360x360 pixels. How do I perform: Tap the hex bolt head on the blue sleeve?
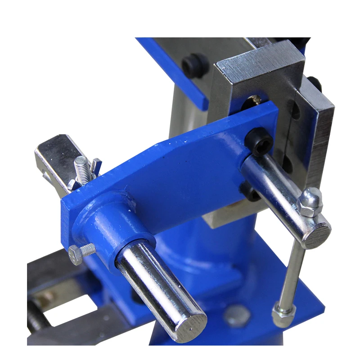pos(75,256)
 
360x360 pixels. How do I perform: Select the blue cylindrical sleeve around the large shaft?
pos(110,225)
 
